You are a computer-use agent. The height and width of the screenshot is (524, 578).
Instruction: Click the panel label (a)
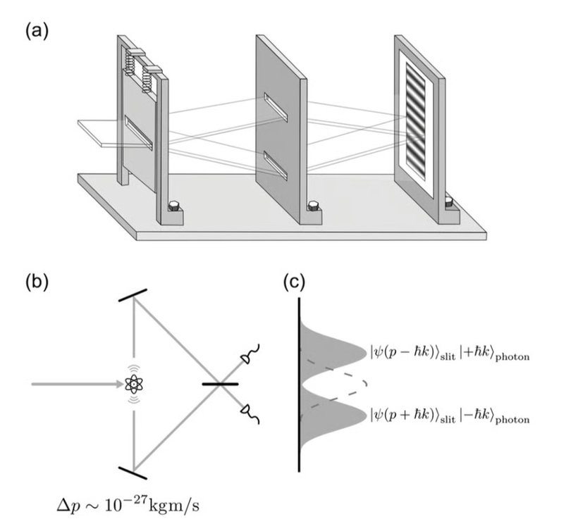36,31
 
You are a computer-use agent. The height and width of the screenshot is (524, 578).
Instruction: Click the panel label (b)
37,282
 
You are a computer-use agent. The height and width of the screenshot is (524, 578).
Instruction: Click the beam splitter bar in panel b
221,384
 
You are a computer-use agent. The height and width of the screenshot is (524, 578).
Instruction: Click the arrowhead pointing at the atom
118,384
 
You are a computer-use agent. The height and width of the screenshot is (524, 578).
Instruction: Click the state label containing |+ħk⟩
449,351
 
